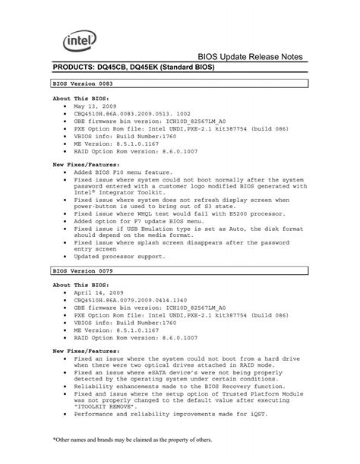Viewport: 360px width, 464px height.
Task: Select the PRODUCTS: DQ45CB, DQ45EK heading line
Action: coord(133,68)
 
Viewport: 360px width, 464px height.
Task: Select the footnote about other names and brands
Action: coord(132,440)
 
